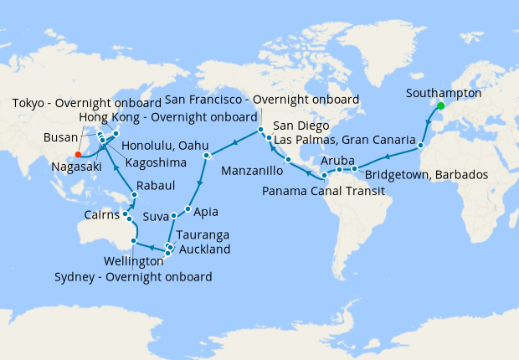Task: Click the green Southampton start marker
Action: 440,106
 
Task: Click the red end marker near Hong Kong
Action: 77,154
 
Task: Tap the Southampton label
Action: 443,93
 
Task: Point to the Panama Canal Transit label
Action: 321,192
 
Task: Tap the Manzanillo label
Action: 253,171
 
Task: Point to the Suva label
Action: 156,216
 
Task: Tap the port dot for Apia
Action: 188,208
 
